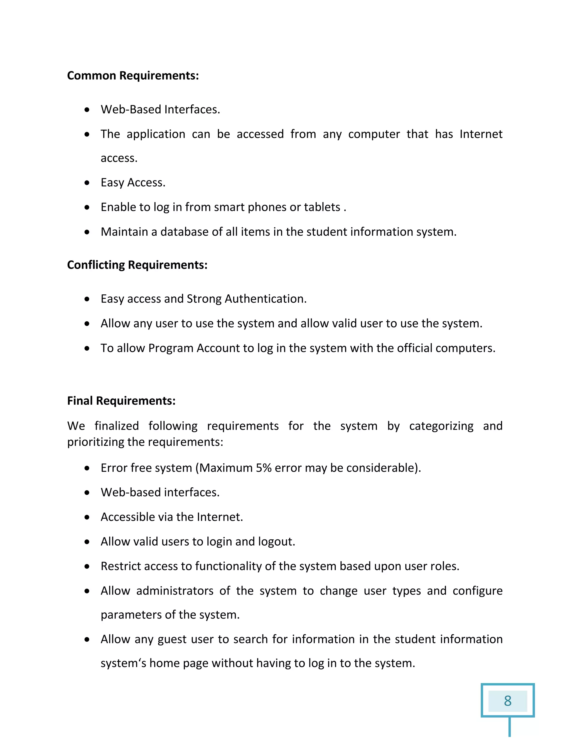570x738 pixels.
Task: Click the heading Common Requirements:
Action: click(133, 75)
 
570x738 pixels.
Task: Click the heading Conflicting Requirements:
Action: click(137, 265)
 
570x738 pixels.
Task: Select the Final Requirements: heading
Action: click(121, 400)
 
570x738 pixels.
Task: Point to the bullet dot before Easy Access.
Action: click(87, 183)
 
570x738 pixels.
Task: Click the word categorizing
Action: click(441, 426)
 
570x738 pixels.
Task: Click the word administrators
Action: click(175, 591)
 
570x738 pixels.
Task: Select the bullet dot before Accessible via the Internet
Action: click(87, 517)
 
